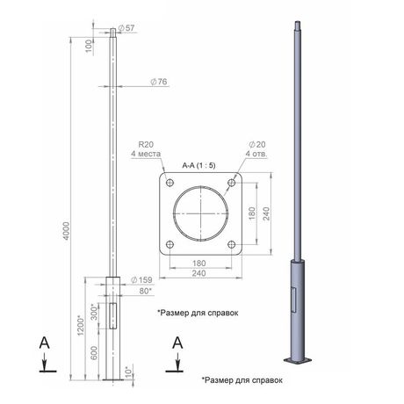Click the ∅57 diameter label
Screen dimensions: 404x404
[x=126, y=28]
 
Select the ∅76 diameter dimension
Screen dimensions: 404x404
[x=159, y=82]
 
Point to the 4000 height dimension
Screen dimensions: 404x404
[x=67, y=231]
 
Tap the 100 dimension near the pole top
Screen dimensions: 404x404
[x=89, y=47]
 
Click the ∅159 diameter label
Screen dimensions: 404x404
[x=141, y=280]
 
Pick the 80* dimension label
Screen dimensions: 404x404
[x=146, y=291]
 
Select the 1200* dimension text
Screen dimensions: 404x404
[x=81, y=325]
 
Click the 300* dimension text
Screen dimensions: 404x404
[x=94, y=312]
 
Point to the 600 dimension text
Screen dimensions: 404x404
[x=94, y=353]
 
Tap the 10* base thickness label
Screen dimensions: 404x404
[x=129, y=372]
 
